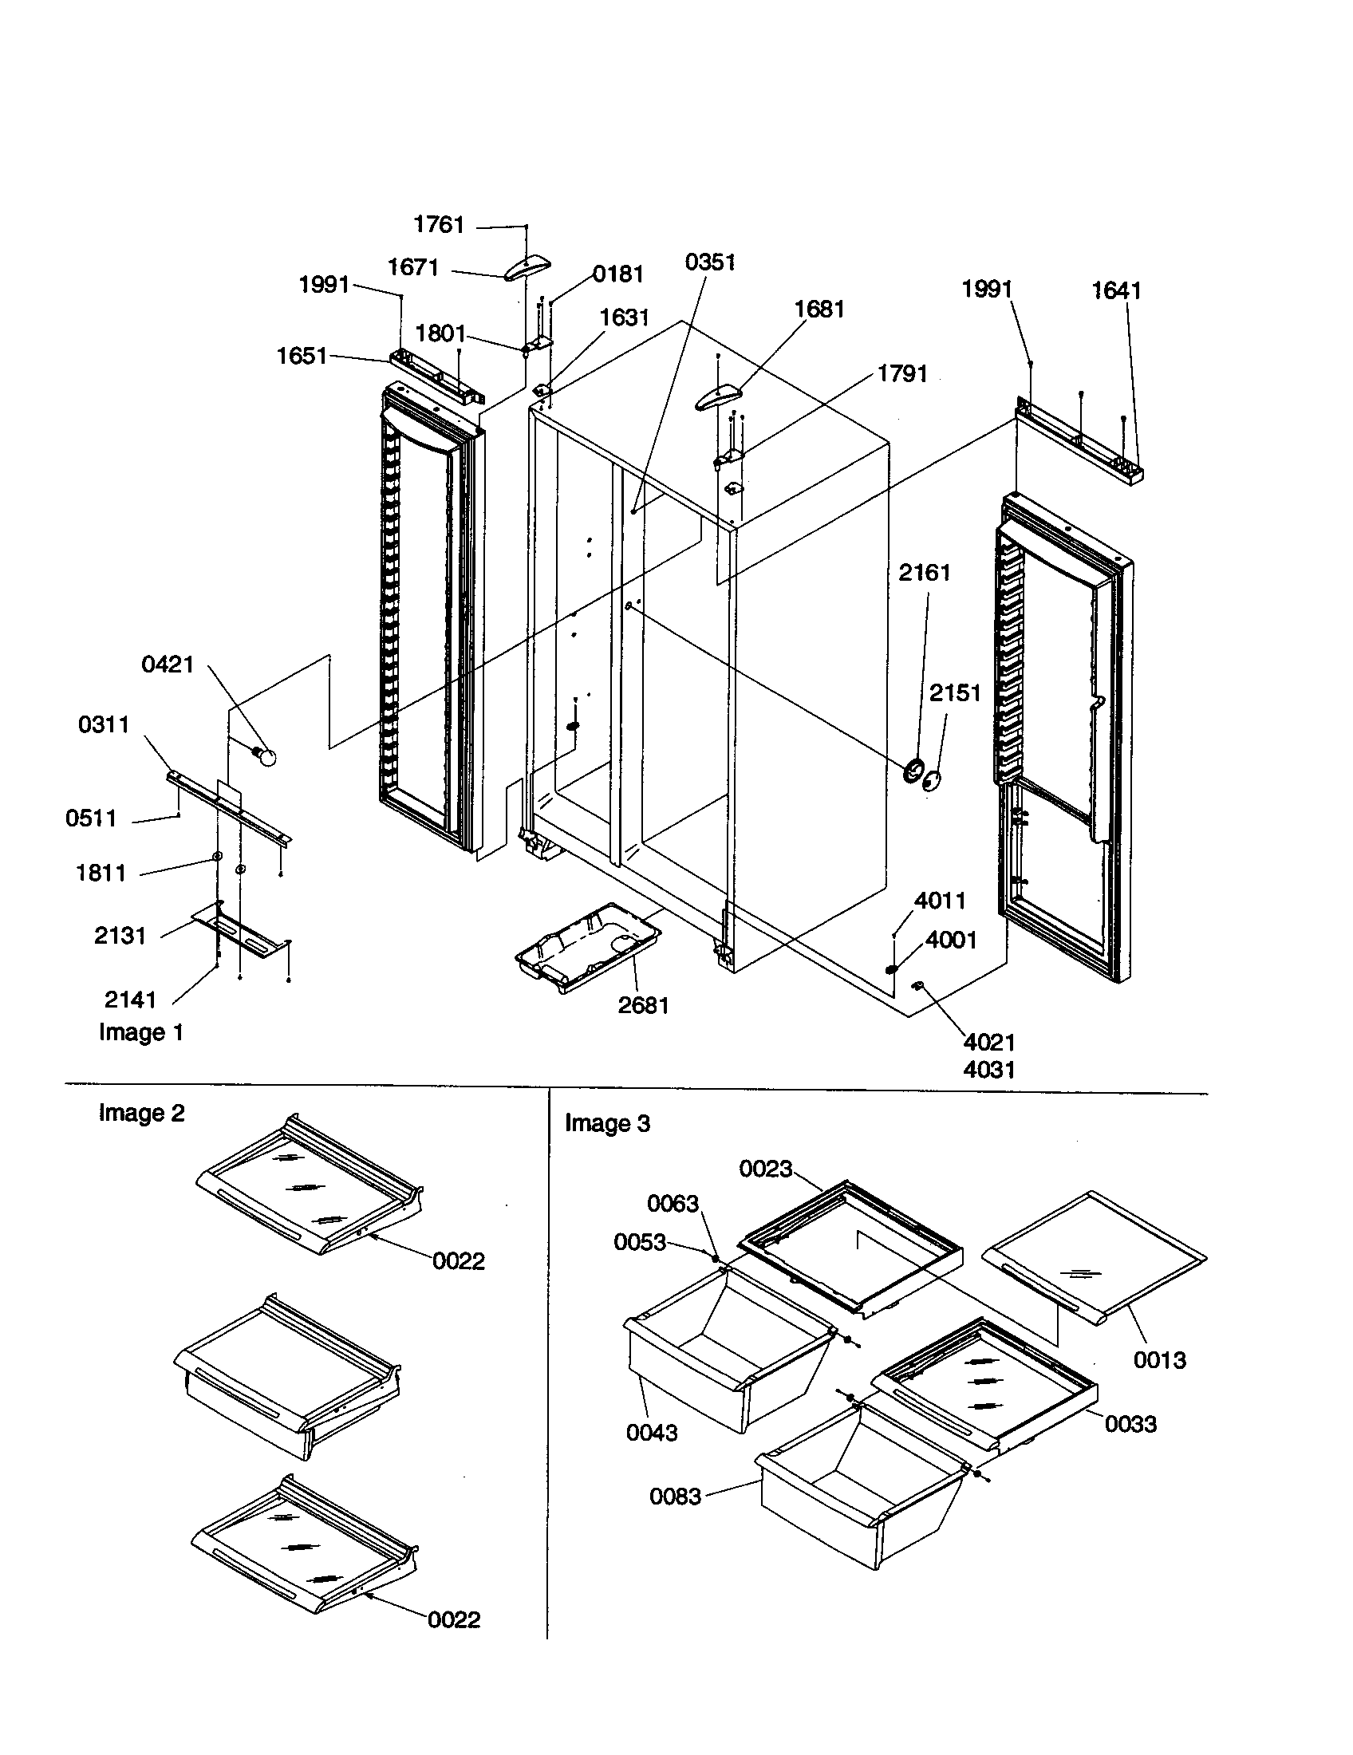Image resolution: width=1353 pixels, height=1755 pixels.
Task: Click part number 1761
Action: pos(439,224)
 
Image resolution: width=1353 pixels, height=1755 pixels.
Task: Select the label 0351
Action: pos(709,262)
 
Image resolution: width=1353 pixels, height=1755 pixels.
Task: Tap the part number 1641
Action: pos(1116,291)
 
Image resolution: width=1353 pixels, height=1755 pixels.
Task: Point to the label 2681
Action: pos(643,1005)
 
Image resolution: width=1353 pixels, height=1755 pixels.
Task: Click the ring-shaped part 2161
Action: pos(913,771)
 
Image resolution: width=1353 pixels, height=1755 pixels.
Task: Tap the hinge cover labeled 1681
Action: pos(718,396)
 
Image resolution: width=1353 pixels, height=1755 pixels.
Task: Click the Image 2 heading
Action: pos(141,1113)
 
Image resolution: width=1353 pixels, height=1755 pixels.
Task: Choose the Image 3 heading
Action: pos(606,1123)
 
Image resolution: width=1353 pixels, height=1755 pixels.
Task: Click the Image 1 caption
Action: pos(140,1032)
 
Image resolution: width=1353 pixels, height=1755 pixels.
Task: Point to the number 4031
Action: pos(989,1070)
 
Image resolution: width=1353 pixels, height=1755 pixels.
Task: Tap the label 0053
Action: pos(640,1242)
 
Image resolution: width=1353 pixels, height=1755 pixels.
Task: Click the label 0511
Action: pos(91,818)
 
